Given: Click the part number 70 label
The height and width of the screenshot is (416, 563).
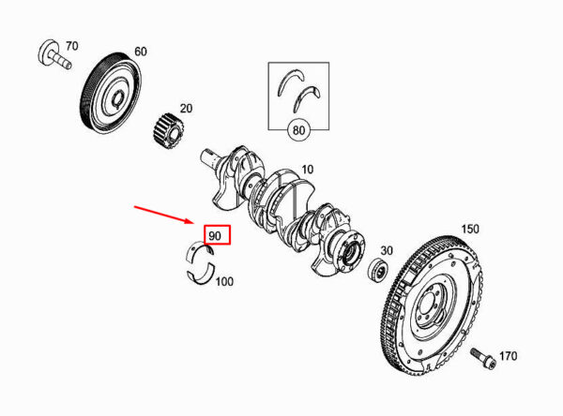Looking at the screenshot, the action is [72, 46].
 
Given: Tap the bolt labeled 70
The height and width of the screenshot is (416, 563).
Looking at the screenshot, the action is [54, 55].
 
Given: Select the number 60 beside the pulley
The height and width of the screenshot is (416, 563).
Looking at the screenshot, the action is [141, 52].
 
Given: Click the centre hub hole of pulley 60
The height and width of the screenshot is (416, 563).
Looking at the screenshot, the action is [117, 99].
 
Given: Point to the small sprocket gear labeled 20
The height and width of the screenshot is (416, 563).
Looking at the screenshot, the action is [169, 131].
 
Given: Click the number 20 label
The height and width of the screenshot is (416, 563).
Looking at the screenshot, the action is [186, 108].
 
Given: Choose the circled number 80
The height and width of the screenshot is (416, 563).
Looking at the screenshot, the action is [298, 130].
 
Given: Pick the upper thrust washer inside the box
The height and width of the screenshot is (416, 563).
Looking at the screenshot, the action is [290, 82].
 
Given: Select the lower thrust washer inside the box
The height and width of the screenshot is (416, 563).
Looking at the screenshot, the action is [306, 97].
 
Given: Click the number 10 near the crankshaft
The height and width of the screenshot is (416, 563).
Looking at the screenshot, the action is [307, 170].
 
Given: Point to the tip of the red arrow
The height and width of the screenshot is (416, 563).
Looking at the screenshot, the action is [194, 223].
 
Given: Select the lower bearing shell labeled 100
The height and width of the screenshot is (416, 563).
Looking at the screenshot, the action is [202, 276].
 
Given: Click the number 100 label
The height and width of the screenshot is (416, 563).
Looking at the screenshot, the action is [224, 281].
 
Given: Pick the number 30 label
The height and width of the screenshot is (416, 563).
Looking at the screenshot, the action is [387, 250].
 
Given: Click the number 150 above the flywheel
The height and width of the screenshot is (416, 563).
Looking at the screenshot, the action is [470, 229].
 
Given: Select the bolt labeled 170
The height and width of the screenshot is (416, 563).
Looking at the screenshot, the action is [483, 358].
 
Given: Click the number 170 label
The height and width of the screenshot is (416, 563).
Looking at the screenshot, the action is [508, 356].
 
